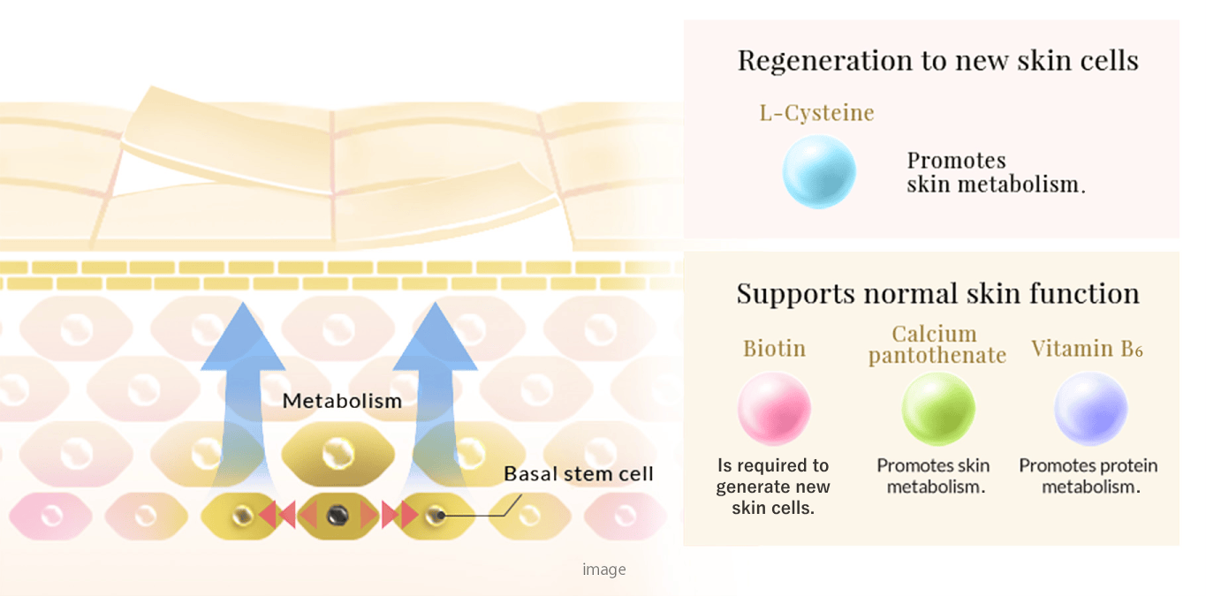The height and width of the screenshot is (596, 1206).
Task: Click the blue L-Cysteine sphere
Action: pyautogui.click(x=819, y=171)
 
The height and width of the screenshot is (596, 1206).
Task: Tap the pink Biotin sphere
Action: pyautogui.click(x=774, y=408)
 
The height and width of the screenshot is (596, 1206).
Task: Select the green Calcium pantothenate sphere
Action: pyautogui.click(x=938, y=409)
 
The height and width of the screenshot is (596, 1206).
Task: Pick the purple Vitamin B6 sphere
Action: pyautogui.click(x=1091, y=408)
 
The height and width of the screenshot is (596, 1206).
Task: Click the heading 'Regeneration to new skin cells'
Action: pyautogui.click(x=938, y=60)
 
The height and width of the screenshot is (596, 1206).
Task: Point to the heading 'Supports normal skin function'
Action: pyautogui.click(x=938, y=294)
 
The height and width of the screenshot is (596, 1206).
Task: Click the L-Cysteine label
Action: pyautogui.click(x=816, y=113)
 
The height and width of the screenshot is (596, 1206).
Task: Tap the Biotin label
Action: pyautogui.click(x=774, y=349)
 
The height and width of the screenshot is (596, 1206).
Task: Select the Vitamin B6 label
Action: pyautogui.click(x=1087, y=349)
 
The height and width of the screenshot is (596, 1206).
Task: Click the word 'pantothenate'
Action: pyautogui.click(x=937, y=356)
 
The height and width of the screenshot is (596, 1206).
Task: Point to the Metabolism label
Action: pyautogui.click(x=342, y=401)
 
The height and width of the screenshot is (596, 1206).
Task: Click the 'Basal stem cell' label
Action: pyautogui.click(x=578, y=473)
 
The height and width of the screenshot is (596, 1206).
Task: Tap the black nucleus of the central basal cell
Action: pyautogui.click(x=338, y=516)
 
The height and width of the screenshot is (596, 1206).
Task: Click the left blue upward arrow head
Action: pyautogui.click(x=243, y=337)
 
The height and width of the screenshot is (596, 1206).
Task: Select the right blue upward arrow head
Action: pyautogui.click(x=435, y=337)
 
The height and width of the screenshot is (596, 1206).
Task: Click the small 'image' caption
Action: pyautogui.click(x=604, y=570)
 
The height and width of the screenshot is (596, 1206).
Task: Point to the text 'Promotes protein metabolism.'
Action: pyautogui.click(x=1088, y=476)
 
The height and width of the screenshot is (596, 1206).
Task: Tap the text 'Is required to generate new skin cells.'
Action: pyautogui.click(x=773, y=487)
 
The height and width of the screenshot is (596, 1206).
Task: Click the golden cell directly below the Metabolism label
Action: pyautogui.click(x=338, y=455)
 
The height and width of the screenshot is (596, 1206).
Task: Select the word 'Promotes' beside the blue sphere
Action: pyautogui.click(x=956, y=161)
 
